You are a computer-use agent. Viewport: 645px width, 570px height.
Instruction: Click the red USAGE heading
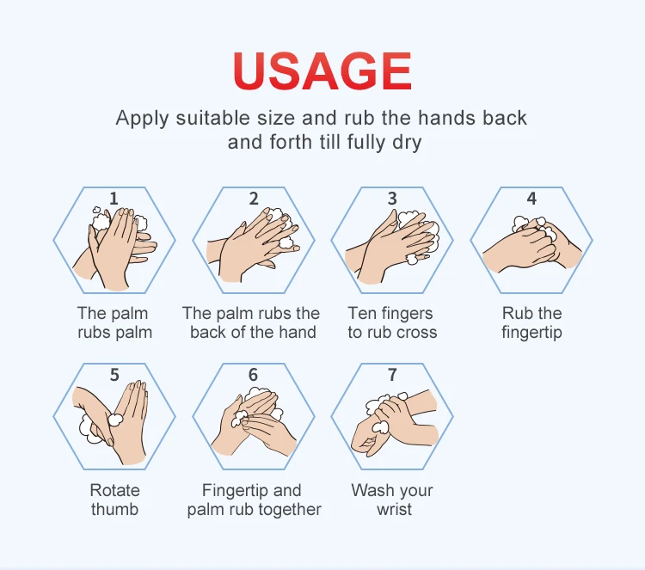(322, 70)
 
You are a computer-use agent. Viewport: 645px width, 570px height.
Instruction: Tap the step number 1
(114, 199)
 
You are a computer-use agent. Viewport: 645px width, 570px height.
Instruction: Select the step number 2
(254, 199)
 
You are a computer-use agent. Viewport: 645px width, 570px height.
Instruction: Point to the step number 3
(392, 199)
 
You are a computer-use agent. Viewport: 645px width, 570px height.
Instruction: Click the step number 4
(531, 199)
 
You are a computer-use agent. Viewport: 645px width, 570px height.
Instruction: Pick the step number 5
(114, 375)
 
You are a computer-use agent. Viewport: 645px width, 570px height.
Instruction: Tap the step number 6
(253, 375)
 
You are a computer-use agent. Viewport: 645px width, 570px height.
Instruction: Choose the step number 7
(392, 375)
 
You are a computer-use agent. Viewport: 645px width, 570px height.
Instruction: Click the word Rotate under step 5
(114, 490)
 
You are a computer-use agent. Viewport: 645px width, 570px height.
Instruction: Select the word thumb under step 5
(114, 509)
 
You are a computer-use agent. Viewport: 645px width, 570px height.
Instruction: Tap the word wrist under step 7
(394, 509)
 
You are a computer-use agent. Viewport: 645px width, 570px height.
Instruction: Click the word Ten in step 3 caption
(362, 314)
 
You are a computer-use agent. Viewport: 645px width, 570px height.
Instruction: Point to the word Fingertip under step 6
(234, 491)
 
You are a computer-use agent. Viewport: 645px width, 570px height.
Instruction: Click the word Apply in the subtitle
(142, 120)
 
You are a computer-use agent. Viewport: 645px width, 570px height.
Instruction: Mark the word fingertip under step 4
(531, 333)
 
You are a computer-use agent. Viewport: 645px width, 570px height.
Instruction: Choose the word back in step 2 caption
(208, 333)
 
